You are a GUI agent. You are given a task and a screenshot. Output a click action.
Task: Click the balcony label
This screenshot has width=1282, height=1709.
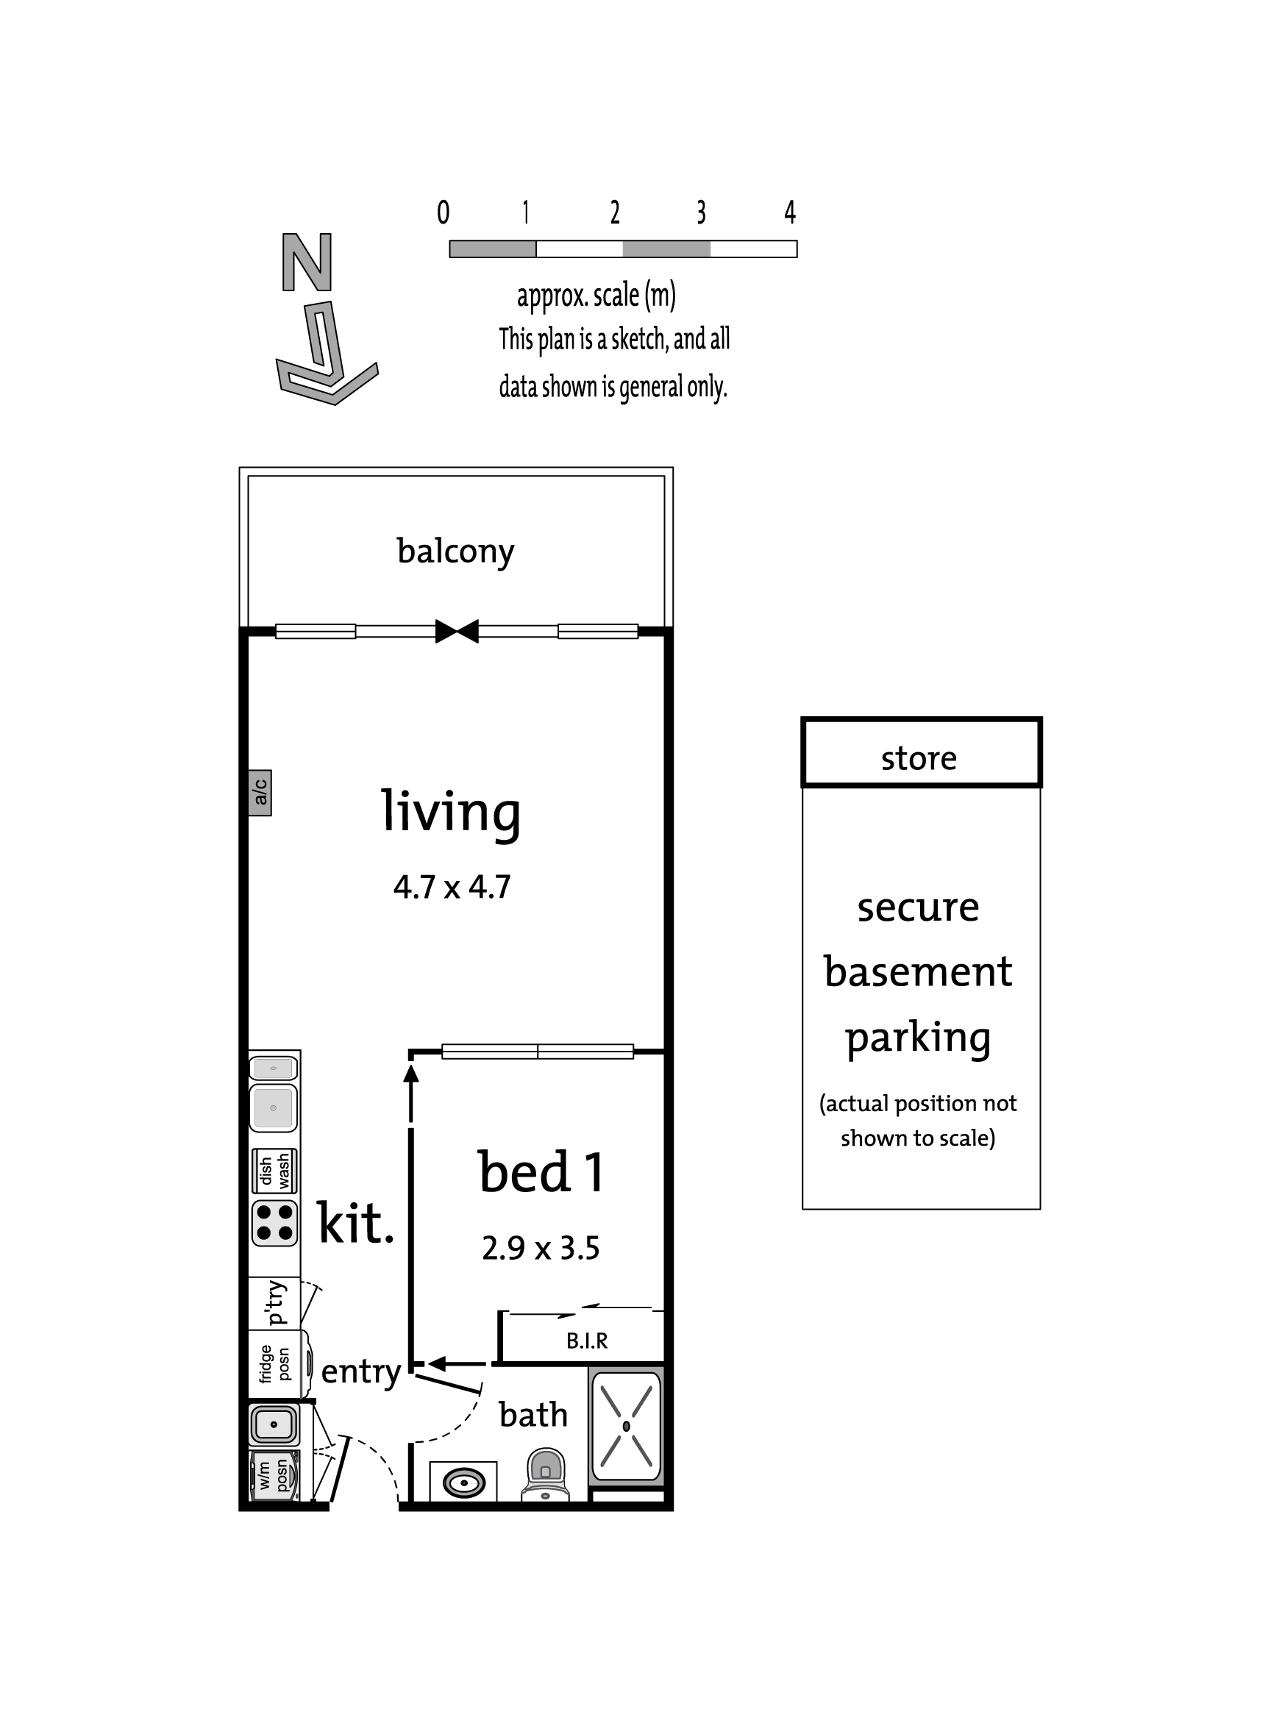tap(455, 552)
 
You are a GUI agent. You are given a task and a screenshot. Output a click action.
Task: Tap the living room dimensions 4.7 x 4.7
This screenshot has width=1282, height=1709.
tap(452, 887)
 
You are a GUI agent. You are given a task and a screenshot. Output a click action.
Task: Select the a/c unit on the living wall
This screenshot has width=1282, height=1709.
tap(260, 792)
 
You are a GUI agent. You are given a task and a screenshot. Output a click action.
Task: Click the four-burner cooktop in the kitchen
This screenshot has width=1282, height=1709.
tap(274, 1222)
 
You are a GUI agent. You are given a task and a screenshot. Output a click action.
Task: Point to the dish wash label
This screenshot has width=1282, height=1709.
tap(274, 1171)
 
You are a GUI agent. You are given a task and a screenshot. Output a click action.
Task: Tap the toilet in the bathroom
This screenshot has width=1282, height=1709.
tap(546, 1474)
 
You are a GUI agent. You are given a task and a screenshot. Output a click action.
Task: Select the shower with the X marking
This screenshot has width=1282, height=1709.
tap(626, 1425)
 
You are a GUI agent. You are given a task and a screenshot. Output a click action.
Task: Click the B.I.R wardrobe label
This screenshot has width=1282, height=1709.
tap(586, 1341)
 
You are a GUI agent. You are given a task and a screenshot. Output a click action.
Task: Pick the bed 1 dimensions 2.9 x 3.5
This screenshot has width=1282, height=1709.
tap(540, 1249)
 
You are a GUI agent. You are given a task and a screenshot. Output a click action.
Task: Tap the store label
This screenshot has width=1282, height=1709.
tap(919, 759)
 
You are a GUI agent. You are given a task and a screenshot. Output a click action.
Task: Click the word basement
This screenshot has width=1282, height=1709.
tap(918, 971)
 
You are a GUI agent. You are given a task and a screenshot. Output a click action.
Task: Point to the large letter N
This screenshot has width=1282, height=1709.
tap(307, 262)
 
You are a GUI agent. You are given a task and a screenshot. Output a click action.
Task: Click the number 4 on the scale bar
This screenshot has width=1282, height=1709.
tap(790, 212)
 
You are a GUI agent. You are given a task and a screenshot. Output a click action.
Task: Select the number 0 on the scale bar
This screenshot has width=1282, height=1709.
tap(443, 212)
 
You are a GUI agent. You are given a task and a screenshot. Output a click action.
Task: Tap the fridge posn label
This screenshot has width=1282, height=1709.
tap(274, 1364)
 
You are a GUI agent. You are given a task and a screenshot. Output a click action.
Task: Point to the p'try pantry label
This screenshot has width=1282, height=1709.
tap(274, 1302)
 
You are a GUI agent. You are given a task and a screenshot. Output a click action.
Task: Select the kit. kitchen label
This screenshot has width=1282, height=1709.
tap(356, 1222)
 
